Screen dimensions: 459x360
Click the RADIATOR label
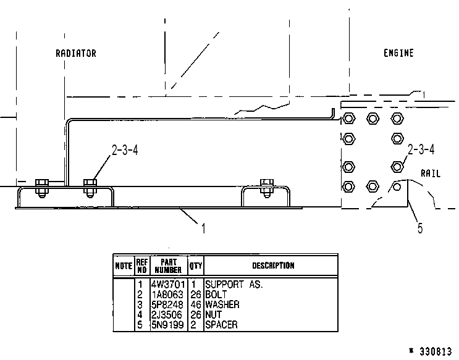click(76, 53)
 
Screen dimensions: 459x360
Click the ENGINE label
click(398, 53)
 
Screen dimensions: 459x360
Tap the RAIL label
click(431, 174)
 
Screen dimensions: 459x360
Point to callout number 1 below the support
click(203, 228)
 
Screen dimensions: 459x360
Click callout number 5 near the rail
click(420, 228)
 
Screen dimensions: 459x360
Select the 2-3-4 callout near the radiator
click(125, 150)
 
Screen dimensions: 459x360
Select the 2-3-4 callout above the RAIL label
click(421, 149)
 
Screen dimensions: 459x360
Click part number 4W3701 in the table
click(168, 284)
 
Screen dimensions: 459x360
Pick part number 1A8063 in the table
click(167, 295)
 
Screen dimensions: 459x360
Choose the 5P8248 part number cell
click(167, 304)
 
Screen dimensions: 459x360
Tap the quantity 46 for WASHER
click(196, 304)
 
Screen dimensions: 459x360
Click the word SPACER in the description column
click(221, 325)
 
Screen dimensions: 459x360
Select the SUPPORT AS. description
click(234, 284)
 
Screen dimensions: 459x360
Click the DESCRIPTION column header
click(273, 266)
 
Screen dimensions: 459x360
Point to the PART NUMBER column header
click(168, 266)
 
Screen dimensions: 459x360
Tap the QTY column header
click(196, 266)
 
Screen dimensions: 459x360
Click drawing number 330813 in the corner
click(436, 351)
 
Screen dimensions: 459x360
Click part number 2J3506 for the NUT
click(167, 315)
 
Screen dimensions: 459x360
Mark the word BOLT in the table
click(216, 295)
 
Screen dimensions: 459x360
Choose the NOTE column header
click(124, 266)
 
